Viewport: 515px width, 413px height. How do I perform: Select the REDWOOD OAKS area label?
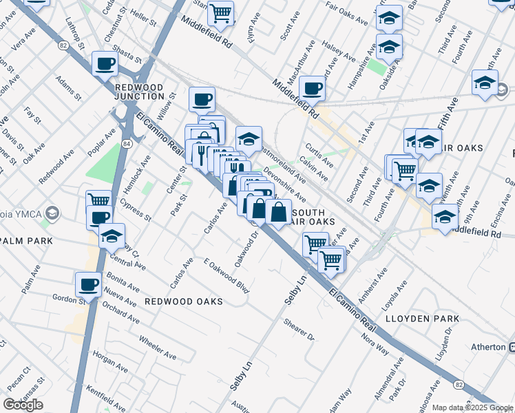(x=183, y=301)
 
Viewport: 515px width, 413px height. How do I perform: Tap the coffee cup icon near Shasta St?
(x=105, y=64)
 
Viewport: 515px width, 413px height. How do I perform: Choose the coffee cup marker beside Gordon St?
(x=89, y=284)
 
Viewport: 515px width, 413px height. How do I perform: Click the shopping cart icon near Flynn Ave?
(x=220, y=12)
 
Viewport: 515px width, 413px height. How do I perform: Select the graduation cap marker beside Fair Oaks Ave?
(x=389, y=19)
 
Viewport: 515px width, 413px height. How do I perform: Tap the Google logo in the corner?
(x=23, y=404)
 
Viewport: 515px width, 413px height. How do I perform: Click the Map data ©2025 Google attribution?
(x=472, y=407)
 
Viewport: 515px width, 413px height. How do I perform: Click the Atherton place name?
(x=488, y=347)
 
